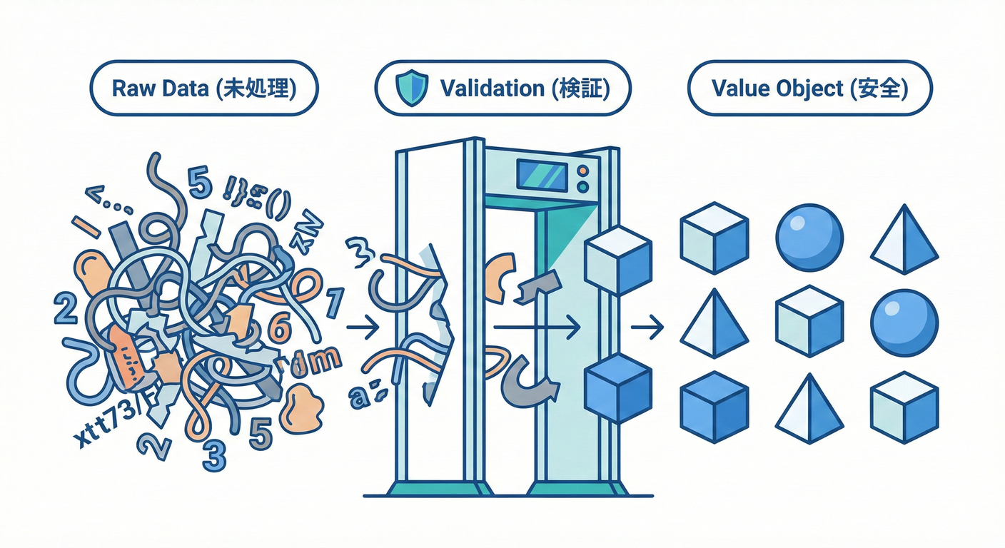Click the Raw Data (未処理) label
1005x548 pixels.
click(203, 88)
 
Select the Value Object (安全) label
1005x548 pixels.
click(809, 88)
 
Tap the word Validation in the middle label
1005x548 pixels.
click(492, 88)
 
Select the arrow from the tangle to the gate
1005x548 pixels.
click(362, 328)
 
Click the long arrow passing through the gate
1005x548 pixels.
click(535, 328)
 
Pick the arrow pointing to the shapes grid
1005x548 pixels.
click(647, 328)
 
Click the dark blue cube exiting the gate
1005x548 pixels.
click(617, 388)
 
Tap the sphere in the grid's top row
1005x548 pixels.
click(809, 236)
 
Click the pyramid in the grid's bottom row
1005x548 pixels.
click(809, 410)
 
